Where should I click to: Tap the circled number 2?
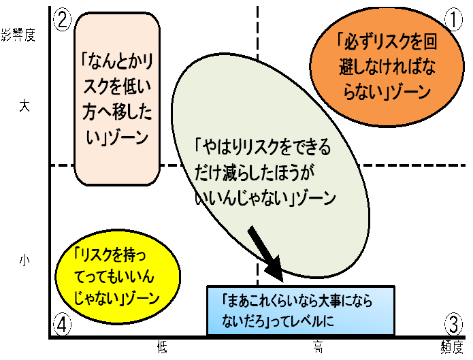pyautogui.click(x=62, y=20)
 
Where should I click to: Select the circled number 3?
pyautogui.click(x=453, y=323)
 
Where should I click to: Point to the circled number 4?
pyautogui.click(x=62, y=325)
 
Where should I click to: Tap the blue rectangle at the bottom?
pyautogui.click(x=300, y=310)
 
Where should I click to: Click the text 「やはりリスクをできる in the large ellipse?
pyautogui.click(x=262, y=146)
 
